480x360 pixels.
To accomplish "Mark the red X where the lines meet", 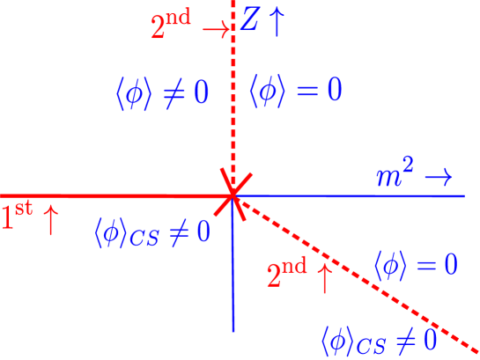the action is [233, 195].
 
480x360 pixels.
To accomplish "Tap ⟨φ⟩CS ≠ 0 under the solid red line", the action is [152, 232].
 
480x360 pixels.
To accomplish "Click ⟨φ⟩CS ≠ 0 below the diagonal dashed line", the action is [379, 337].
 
